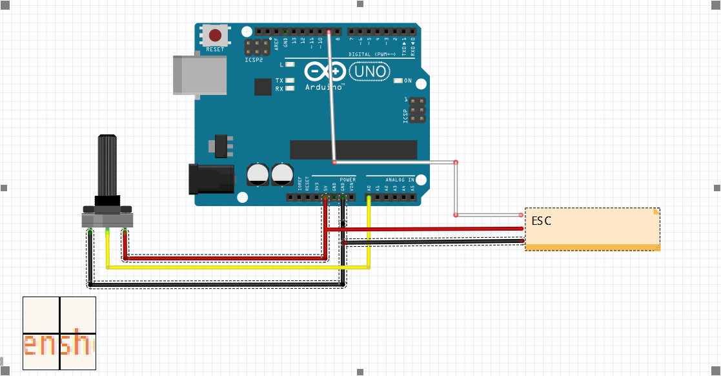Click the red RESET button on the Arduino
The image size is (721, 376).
click(x=214, y=36)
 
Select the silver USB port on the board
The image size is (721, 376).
click(x=199, y=76)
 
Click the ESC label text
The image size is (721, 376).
click(x=542, y=221)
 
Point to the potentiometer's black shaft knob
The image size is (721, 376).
click(x=107, y=165)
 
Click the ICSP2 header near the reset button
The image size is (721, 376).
click(x=257, y=47)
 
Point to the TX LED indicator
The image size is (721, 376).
click(x=290, y=81)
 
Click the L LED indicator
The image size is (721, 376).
click(x=290, y=65)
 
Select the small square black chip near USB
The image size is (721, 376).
click(x=263, y=87)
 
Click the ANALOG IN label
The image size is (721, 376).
click(x=400, y=179)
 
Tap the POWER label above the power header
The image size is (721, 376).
click(x=347, y=179)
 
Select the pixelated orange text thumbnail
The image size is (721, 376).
click(x=59, y=333)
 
